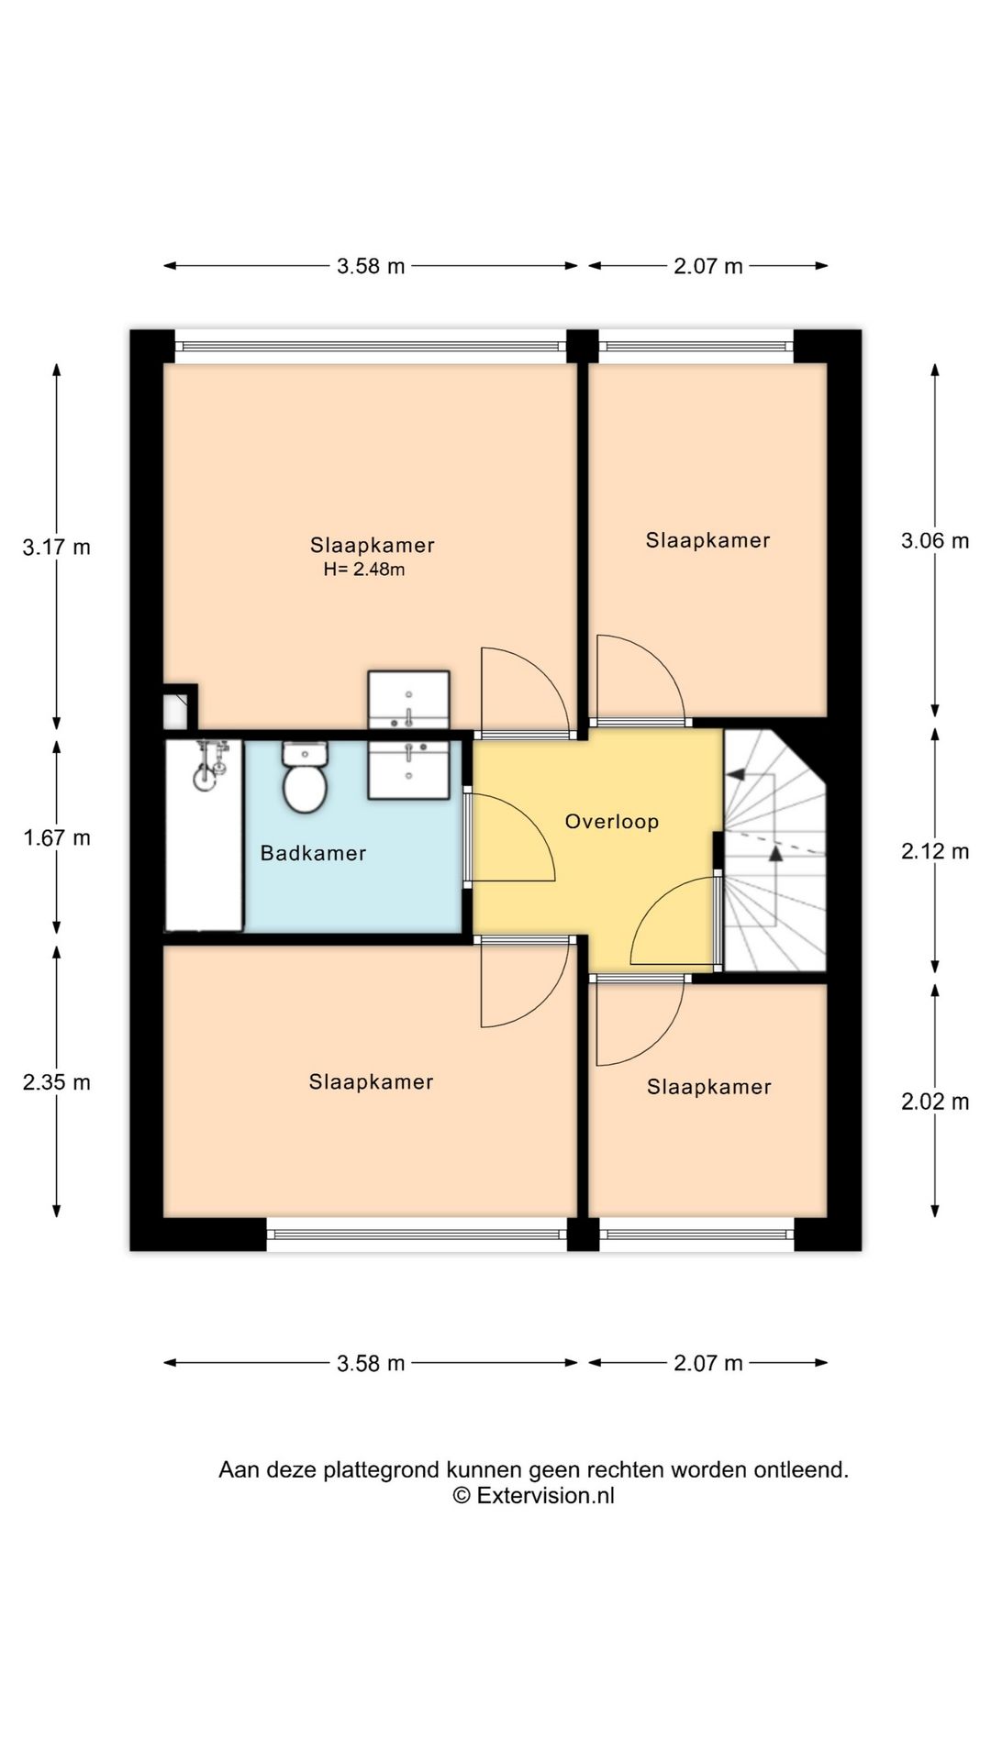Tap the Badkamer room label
click(x=313, y=853)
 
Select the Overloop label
click(x=611, y=821)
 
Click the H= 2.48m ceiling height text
click(x=364, y=570)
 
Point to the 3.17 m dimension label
click(x=57, y=548)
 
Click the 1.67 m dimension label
click(x=57, y=837)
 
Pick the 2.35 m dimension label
click(x=57, y=1082)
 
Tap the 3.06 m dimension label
click(x=935, y=540)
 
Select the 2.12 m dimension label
click(x=935, y=851)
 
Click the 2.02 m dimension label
click(x=935, y=1102)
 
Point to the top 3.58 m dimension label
click(x=371, y=266)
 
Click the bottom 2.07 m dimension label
click(x=708, y=1363)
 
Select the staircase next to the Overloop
click(x=774, y=850)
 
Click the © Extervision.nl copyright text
click(x=533, y=1495)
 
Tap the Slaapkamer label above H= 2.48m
click(x=372, y=545)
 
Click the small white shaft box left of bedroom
click(x=176, y=712)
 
